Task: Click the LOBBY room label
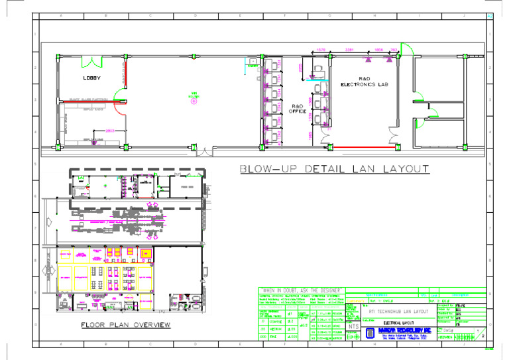point(91,78)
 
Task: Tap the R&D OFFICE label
point(298,108)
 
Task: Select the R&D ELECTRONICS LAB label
point(364,82)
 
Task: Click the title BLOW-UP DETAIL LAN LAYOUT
point(334,170)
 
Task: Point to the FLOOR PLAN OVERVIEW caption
point(126,325)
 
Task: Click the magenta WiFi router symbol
point(194,101)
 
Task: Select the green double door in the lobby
point(93,61)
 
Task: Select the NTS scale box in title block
point(353,327)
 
